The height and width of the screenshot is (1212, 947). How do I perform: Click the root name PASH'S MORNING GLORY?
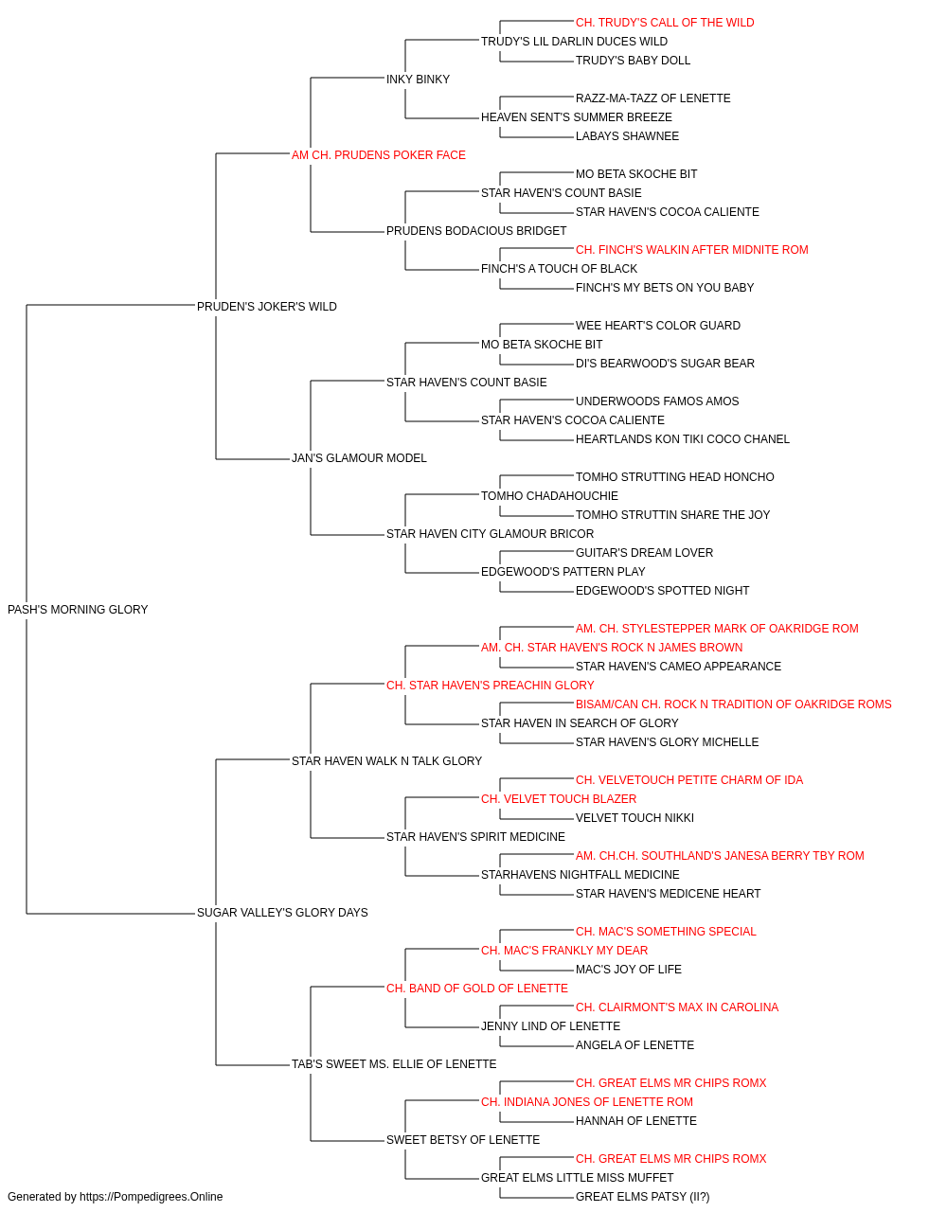78,610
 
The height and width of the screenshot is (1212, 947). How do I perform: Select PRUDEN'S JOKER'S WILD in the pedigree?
267,307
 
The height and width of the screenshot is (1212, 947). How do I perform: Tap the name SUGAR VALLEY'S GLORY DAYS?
282,913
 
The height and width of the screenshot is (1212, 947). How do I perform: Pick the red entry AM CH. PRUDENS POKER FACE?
378,155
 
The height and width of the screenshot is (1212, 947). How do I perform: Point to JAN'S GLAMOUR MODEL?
359,458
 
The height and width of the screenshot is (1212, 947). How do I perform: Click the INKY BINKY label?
418,80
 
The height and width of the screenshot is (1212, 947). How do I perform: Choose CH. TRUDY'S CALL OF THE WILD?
665,23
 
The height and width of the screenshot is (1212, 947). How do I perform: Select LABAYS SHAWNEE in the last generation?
627,136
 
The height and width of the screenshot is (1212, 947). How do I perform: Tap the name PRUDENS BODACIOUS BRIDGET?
476,231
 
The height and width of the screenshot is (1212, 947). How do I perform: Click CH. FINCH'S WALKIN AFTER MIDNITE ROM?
691,250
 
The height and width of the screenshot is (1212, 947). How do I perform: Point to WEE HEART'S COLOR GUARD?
657,325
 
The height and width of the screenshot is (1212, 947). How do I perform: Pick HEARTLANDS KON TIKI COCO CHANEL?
682,439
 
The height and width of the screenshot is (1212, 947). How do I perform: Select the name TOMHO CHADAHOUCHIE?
549,496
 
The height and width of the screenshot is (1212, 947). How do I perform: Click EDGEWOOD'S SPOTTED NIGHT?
662,591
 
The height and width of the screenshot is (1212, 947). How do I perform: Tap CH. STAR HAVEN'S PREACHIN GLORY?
491,686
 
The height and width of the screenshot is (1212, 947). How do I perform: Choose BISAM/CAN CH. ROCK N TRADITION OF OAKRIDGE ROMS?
733,704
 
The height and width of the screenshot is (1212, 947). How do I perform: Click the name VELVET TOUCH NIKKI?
634,818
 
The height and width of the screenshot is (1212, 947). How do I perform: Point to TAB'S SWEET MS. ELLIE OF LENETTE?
394,1064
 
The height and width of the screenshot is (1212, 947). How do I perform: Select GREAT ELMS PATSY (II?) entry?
642,1197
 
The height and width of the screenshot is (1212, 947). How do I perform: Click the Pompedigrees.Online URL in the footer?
151,1197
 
